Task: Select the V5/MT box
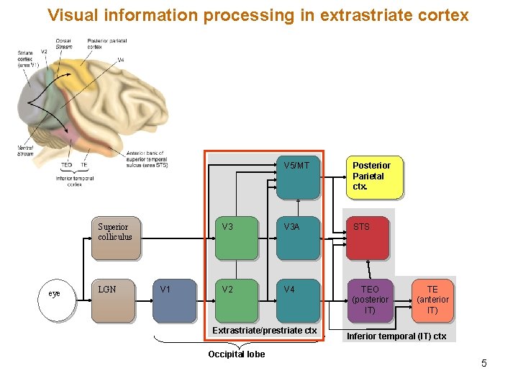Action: (297, 177)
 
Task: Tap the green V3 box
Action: (235, 238)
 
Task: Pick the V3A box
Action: (297, 238)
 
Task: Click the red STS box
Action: (368, 238)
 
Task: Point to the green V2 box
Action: (235, 300)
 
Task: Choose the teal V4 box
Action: (297, 300)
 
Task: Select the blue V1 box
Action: (173, 300)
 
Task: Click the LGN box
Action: (113, 300)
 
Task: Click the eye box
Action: (55, 294)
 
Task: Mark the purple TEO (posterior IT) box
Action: (370, 300)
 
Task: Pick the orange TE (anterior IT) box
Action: (432, 300)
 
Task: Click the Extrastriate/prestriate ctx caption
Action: (264, 331)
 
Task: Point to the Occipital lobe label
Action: (236, 354)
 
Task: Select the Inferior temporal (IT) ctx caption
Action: (396, 336)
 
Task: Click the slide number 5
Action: (484, 363)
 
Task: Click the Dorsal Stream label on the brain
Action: (63, 43)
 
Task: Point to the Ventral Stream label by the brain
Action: (25, 151)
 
